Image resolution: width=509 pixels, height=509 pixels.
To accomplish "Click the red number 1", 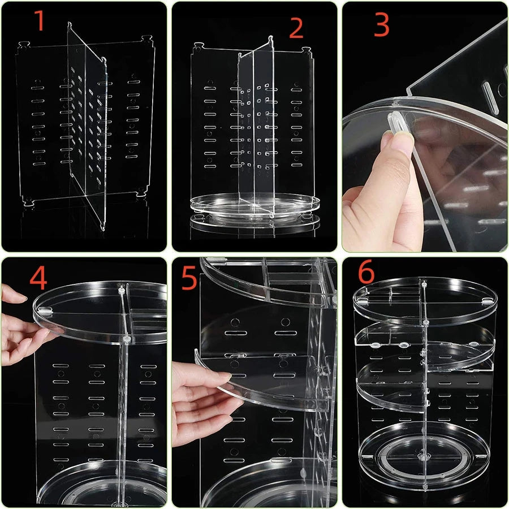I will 40,21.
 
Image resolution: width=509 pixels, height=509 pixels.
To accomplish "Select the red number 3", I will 382,26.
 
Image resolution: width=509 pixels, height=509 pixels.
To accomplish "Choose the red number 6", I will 366,273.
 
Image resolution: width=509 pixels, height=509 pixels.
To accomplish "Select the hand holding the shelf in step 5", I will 201,396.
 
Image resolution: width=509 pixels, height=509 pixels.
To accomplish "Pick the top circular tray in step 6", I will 424,297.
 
